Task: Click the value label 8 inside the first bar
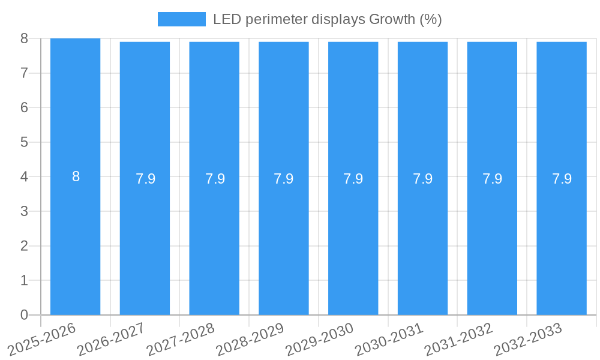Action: (x=76, y=177)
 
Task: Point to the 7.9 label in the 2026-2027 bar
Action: (x=145, y=179)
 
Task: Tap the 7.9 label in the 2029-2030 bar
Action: (x=353, y=179)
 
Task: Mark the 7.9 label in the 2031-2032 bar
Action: (x=492, y=179)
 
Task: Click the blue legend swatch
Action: (x=181, y=19)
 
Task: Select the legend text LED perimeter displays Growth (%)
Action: (x=327, y=19)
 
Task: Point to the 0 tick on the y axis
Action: (x=24, y=315)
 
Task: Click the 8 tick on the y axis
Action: (x=24, y=38)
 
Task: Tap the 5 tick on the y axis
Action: (x=24, y=142)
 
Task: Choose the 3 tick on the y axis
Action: (x=24, y=211)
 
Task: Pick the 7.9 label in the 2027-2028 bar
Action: (x=215, y=179)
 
